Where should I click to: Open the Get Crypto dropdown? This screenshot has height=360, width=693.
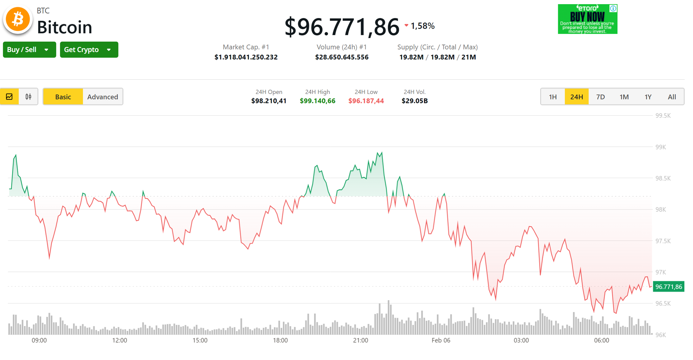(x=89, y=50)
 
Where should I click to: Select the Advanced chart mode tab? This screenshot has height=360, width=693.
(x=103, y=97)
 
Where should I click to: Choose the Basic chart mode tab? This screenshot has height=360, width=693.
(x=63, y=97)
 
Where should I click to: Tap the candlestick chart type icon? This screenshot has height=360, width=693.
(x=28, y=97)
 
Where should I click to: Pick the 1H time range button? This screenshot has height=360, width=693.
(x=553, y=97)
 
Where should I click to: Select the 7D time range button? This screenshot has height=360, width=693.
(x=600, y=97)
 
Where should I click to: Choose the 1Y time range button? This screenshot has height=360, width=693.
(x=648, y=97)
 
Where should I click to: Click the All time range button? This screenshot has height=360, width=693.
(x=672, y=97)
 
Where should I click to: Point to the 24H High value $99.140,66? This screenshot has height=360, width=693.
(x=317, y=101)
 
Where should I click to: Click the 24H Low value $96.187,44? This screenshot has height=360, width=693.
(x=366, y=101)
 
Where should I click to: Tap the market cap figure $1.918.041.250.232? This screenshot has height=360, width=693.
(x=246, y=57)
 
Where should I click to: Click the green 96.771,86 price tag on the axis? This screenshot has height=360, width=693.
(x=668, y=287)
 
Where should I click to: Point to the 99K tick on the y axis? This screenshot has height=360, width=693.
(x=660, y=147)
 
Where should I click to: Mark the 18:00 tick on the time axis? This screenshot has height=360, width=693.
(x=280, y=340)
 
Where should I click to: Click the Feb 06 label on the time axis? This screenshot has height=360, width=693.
(x=441, y=340)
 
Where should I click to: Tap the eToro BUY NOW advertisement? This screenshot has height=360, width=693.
(x=587, y=19)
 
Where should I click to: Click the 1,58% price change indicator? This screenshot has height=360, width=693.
(x=422, y=26)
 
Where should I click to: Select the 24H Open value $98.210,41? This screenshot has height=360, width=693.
(x=269, y=101)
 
